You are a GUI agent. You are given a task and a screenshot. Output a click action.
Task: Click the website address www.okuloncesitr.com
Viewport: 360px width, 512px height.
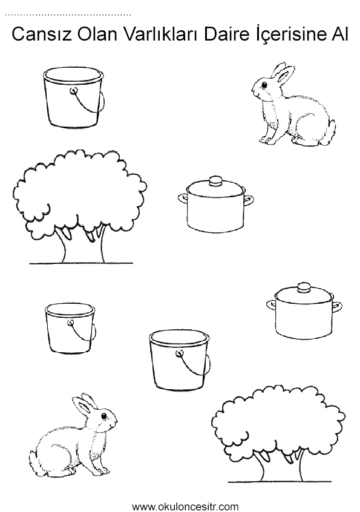185,507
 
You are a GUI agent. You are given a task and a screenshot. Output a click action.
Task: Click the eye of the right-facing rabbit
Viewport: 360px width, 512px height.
104,416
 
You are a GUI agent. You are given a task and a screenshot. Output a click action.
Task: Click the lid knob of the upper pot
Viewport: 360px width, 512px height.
215,180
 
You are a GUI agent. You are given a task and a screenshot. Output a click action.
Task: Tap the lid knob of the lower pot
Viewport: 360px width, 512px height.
304,287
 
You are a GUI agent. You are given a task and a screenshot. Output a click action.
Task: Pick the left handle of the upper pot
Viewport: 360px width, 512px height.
183,198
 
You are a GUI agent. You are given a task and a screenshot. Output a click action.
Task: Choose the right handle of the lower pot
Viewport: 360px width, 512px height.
337,307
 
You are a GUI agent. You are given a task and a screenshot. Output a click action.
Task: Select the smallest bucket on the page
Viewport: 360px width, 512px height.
71,328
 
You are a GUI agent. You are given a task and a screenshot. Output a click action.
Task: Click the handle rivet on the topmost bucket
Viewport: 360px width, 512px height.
74,90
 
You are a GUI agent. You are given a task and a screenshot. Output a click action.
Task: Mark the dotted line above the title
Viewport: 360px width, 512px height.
68,15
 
